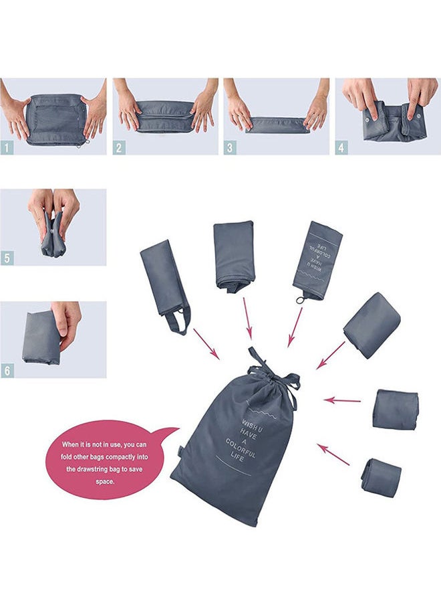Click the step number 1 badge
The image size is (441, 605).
pos(7,147)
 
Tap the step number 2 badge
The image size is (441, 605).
pos(119,147)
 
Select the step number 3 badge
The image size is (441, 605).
pos(230,147)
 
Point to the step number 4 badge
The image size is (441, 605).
pos(341,147)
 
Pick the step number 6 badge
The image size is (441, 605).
pos(7,370)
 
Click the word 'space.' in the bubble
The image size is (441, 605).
pos(105,481)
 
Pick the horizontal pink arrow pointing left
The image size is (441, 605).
pos(342,400)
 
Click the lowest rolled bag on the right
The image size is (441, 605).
pos(382,477)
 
